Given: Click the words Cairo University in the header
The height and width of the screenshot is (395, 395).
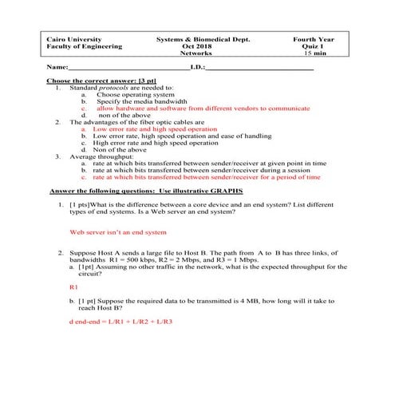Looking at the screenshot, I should [x=72, y=39].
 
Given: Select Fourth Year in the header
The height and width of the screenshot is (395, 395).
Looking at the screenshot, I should [x=314, y=39].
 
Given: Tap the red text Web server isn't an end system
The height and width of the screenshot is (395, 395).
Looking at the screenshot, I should [x=118, y=233].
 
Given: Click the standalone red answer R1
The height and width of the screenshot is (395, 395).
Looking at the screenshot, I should [x=74, y=286].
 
